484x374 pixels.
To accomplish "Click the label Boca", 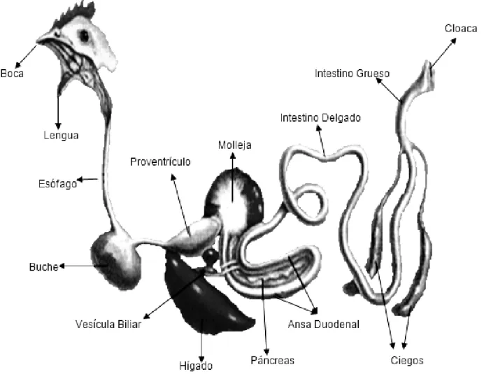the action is [x=12, y=73].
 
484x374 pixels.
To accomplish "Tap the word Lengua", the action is [x=61, y=136].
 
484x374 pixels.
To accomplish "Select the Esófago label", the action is [x=58, y=184].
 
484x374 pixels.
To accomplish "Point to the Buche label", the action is [x=43, y=266].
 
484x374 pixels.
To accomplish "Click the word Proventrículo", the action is [x=160, y=161].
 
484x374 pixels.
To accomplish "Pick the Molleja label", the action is [x=234, y=145].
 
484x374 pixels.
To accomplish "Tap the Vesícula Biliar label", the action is [x=108, y=324].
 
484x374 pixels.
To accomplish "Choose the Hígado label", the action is [x=196, y=366].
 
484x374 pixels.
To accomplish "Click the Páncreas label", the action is [x=272, y=360].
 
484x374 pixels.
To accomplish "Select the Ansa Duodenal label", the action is [x=324, y=324].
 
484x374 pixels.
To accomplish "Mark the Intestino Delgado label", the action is [x=320, y=118].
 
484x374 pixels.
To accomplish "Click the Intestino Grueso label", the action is [x=353, y=73].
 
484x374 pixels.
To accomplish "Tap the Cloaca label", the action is [x=461, y=29].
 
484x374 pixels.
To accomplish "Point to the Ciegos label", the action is [x=407, y=361].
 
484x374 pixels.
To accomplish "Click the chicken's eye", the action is [x=84, y=36].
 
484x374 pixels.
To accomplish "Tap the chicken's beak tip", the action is [x=37, y=41].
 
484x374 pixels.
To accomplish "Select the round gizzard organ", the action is [x=234, y=198].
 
